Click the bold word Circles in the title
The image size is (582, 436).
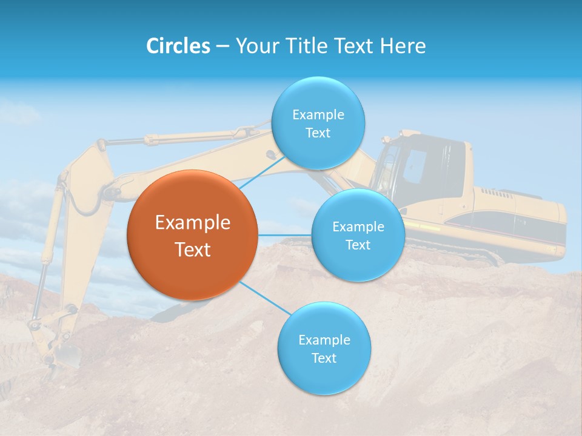pos(178,46)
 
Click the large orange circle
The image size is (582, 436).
pos(192,235)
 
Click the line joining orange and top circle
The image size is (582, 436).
pos(261,172)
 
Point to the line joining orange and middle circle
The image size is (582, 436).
pos(284,235)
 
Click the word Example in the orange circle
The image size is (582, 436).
pos(192,223)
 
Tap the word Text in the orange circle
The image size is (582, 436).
pos(192,249)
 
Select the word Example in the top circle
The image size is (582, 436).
pos(318,114)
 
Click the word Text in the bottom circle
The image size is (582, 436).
pos(324,358)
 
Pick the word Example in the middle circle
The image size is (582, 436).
pos(358,226)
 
